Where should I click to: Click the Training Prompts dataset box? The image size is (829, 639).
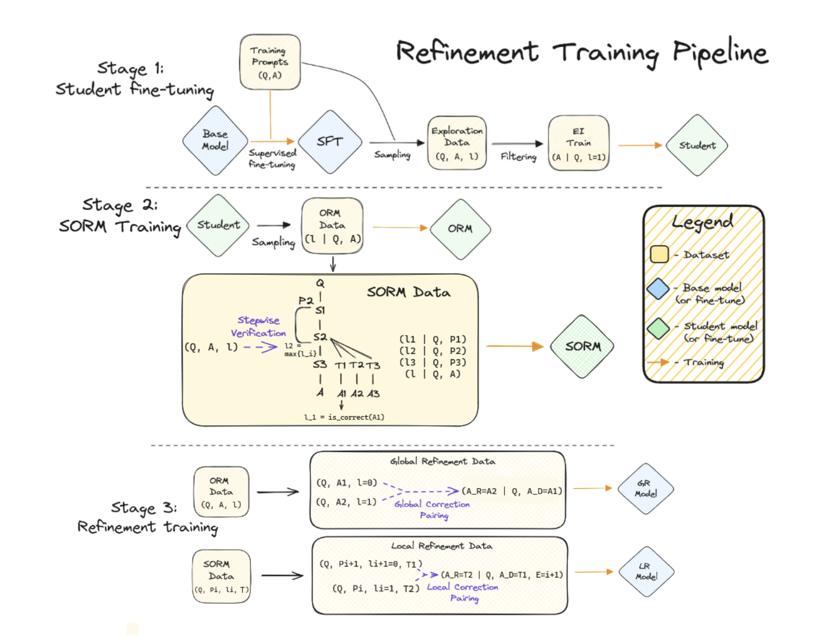(270, 62)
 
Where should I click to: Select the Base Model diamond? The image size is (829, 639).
(215, 141)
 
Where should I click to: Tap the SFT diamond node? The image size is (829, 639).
(330, 141)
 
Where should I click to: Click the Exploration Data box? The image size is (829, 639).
(456, 143)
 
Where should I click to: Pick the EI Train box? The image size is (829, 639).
(578, 143)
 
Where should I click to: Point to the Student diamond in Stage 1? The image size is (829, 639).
(697, 145)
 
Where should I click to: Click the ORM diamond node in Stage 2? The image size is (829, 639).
(460, 229)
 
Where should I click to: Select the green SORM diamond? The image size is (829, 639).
(582, 346)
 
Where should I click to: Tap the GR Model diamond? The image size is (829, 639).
(645, 489)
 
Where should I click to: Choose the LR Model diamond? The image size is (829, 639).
(646, 571)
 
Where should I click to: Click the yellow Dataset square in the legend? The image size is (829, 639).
(659, 254)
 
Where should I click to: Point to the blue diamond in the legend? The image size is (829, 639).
(658, 289)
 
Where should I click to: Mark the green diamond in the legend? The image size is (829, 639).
(658, 328)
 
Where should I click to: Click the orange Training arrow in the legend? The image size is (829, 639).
(658, 362)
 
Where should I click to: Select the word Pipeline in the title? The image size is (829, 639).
(720, 54)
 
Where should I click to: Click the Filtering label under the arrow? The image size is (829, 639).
(518, 157)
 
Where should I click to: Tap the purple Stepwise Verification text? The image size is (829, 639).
(258, 327)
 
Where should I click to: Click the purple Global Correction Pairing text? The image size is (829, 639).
(432, 509)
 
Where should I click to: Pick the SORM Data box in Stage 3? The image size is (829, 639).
(221, 576)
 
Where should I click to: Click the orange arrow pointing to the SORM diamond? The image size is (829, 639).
(514, 346)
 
